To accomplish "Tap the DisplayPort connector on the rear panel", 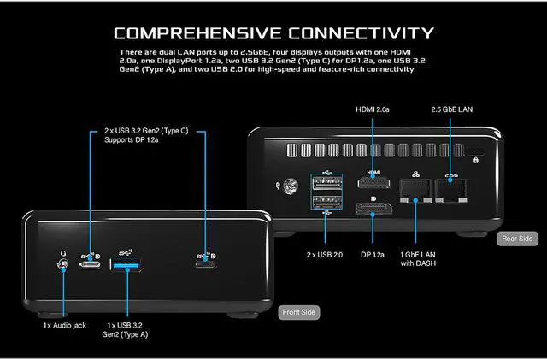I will (373, 210).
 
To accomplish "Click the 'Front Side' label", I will (299, 313).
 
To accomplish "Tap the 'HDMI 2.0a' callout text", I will (373, 110).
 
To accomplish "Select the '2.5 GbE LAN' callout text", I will (453, 110).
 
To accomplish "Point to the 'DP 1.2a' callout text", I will (373, 254).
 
